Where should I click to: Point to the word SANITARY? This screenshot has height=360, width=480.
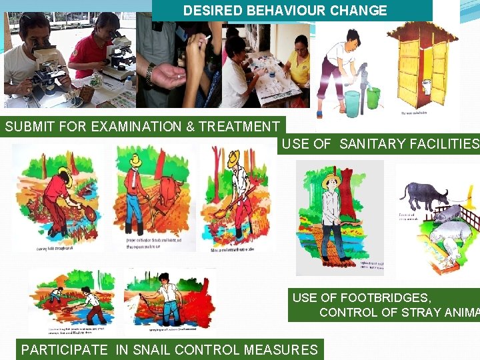pyautogui.click(x=370, y=143)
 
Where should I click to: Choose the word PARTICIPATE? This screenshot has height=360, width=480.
pyautogui.click(x=64, y=349)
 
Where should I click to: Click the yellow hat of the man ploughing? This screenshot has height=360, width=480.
pyautogui.click(x=137, y=160)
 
